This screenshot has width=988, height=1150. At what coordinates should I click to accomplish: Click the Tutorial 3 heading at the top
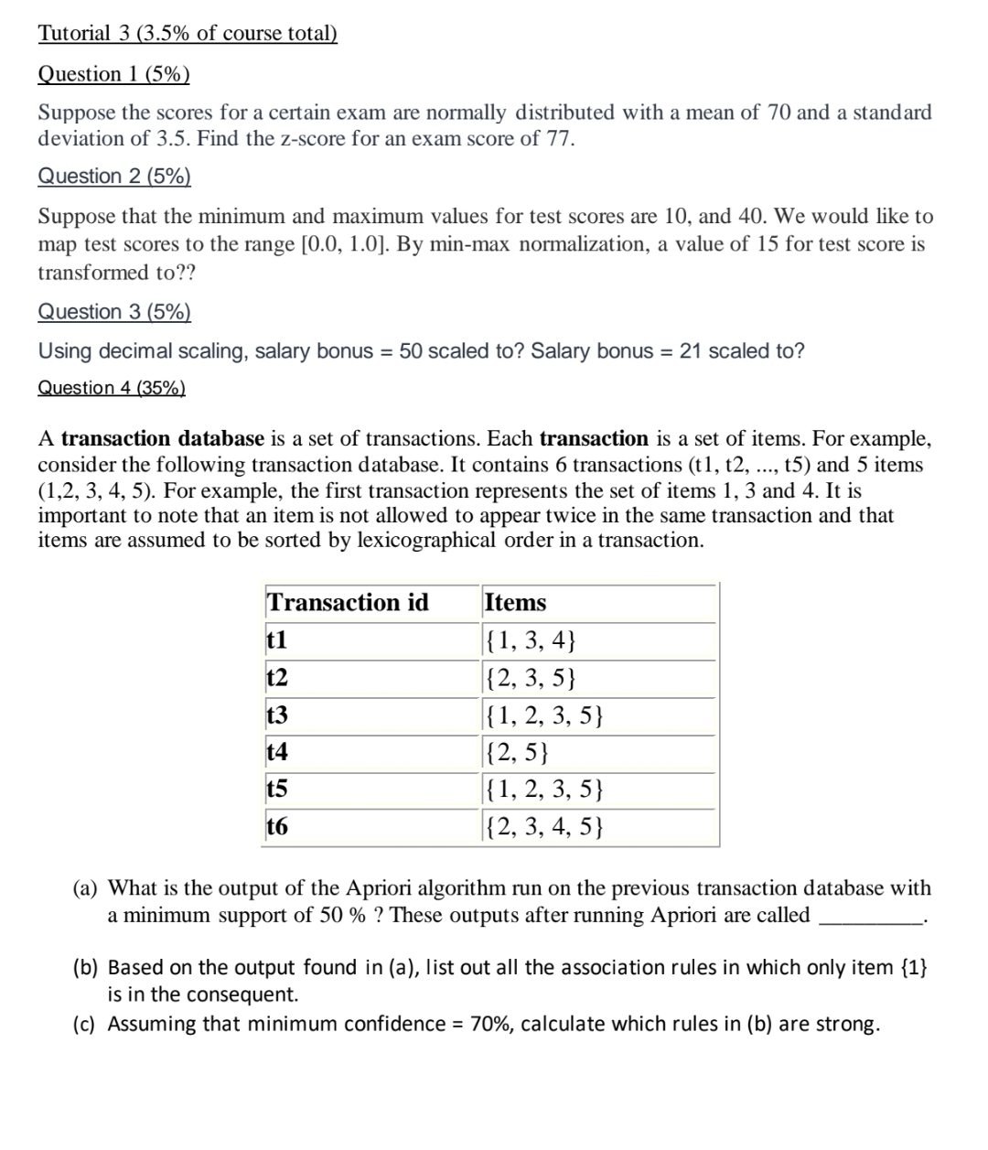click(x=188, y=34)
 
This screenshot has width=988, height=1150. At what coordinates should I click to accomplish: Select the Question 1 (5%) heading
click(x=113, y=74)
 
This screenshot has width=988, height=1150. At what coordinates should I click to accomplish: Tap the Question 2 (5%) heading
click(x=114, y=176)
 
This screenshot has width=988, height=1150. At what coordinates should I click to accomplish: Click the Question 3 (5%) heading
click(x=114, y=312)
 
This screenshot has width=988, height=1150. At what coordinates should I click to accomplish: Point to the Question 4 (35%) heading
click(x=112, y=388)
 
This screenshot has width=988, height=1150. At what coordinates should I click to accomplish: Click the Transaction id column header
click(x=348, y=603)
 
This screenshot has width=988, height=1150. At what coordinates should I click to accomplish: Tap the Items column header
click(x=515, y=603)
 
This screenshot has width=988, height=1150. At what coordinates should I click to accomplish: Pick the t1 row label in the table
click(x=276, y=640)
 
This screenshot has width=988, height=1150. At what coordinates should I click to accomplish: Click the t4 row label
click(x=276, y=752)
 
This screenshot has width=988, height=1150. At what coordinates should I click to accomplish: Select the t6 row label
click(x=276, y=827)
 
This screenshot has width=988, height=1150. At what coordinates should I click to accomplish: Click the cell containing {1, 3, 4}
click(x=532, y=640)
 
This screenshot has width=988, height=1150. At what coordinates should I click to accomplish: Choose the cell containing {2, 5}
click(x=518, y=753)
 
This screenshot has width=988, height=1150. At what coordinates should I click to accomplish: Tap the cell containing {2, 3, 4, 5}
click(x=544, y=828)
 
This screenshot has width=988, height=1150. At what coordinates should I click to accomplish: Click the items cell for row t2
click(x=532, y=678)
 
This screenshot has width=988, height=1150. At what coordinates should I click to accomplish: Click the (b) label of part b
click(x=86, y=968)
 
